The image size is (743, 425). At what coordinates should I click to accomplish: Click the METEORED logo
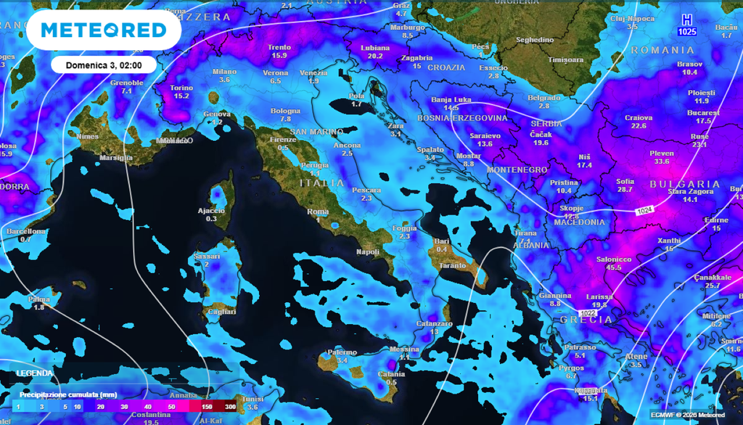point(104,30)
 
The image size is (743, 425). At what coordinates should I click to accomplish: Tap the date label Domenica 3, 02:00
point(103,65)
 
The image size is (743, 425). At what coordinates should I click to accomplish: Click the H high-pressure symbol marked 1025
point(686,25)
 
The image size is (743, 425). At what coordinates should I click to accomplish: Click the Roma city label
point(319,211)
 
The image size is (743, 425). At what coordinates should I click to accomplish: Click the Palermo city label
point(342,352)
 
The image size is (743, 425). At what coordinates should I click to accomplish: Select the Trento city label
point(279,46)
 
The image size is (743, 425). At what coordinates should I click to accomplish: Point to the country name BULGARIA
point(684,185)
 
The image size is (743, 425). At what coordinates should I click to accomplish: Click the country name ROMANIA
point(662,50)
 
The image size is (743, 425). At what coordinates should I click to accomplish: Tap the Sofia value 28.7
point(624,190)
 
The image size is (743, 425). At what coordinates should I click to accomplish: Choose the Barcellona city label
point(25,231)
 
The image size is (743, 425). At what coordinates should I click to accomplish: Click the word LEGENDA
point(35,373)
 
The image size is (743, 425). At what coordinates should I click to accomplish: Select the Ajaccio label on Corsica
point(211,210)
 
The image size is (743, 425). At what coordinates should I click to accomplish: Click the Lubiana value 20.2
point(375,56)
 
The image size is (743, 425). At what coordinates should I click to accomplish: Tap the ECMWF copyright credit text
point(688,415)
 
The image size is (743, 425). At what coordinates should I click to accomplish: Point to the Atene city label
point(636,356)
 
